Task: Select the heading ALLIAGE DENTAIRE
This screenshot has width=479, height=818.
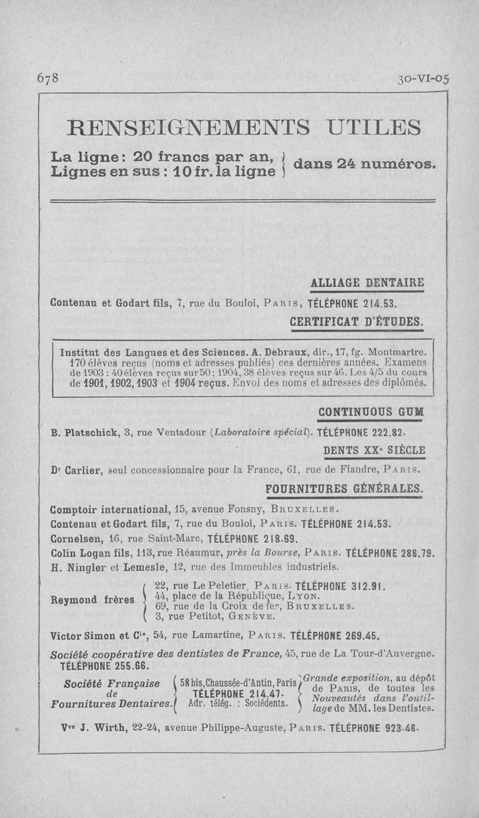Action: pyautogui.click(x=368, y=282)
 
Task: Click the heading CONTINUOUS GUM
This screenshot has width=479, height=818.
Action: pyautogui.click(x=371, y=413)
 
